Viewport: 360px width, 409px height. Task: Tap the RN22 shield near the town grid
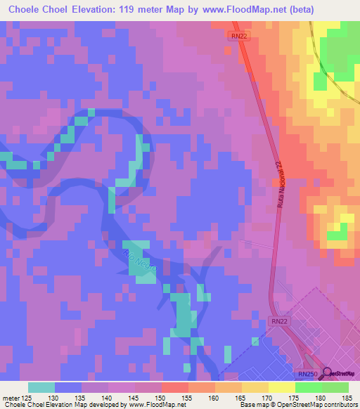click(278, 321)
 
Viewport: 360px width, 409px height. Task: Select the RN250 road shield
click(307, 375)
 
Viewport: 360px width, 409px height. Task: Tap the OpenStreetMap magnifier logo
click(326, 374)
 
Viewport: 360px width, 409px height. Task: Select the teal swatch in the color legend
click(41, 387)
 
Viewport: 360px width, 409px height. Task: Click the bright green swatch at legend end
click(335, 387)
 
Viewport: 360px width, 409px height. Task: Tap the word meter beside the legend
click(11, 398)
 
